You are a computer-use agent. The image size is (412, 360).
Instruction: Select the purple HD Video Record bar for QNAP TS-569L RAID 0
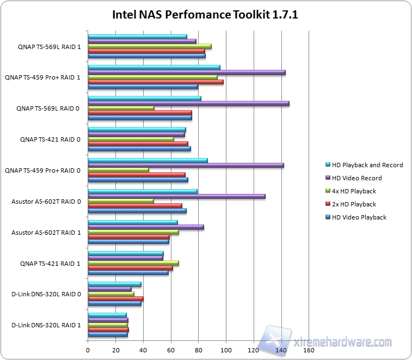coord(188,103)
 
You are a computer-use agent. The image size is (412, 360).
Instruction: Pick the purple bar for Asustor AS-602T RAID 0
coord(176,197)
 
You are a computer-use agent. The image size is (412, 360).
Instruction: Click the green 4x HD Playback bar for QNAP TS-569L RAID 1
coord(150,46)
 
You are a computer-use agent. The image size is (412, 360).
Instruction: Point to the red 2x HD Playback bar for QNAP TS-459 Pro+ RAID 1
coord(155,82)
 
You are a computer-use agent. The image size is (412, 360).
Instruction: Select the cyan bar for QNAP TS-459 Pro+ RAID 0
coord(147,160)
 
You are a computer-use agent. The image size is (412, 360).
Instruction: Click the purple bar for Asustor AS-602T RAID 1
coord(145,227)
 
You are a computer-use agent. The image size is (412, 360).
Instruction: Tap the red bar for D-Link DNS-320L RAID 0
coord(115,298)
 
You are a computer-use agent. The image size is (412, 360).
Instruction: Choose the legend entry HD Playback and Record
coord(367,165)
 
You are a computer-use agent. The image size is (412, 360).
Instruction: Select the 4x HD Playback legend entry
coord(354,191)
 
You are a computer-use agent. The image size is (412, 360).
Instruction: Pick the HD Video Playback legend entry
coord(359,217)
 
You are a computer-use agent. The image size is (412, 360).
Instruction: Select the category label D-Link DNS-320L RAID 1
coord(46,326)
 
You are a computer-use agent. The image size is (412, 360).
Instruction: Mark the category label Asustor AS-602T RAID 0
coord(46,202)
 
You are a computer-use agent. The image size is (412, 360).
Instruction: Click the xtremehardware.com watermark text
coord(343,342)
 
